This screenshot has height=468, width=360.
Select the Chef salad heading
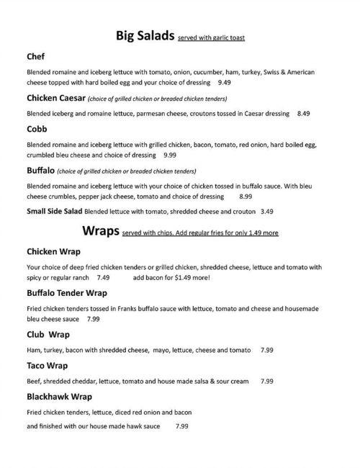click(36, 56)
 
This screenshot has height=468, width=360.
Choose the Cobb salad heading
click(37, 129)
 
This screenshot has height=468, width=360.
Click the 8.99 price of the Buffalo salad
click(246, 196)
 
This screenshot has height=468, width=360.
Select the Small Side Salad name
click(55, 212)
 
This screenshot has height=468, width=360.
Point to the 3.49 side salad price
click(267, 212)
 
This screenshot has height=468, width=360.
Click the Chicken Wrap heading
click(53, 251)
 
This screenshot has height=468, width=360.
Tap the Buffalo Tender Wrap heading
click(67, 293)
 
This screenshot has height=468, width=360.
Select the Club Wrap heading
click(48, 334)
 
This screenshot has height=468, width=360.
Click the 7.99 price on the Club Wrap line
click(266, 350)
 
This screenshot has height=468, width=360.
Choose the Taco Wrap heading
click(47, 365)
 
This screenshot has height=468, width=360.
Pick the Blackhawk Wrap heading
click(59, 396)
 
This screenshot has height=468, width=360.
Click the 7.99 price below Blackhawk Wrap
click(181, 426)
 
